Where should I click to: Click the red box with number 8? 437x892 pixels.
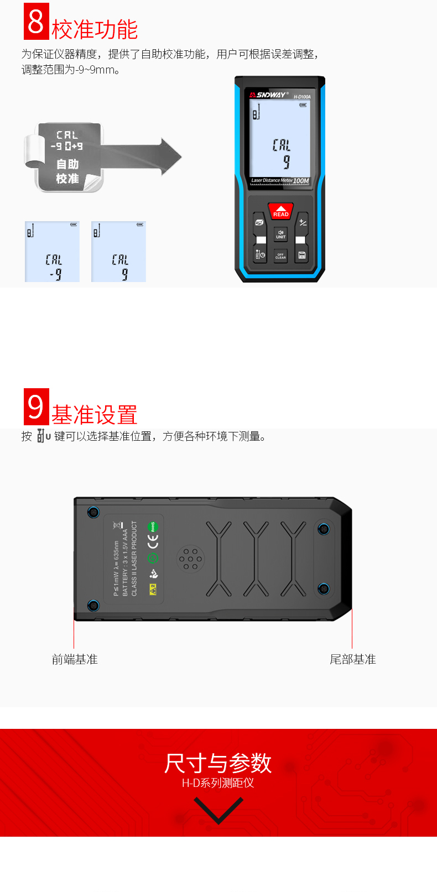pyautogui.click(x=37, y=22)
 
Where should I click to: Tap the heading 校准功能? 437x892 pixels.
pyautogui.click(x=95, y=30)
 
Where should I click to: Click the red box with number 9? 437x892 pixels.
pyautogui.click(x=37, y=407)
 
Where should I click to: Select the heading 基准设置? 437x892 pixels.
pyautogui.click(x=95, y=415)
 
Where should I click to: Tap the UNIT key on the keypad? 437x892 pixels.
pyautogui.click(x=280, y=234)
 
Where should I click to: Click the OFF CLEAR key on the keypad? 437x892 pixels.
pyautogui.click(x=280, y=255)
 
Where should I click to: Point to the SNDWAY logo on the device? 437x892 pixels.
pyautogui.click(x=269, y=95)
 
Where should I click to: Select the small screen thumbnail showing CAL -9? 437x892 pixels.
pyautogui.click(x=53, y=252)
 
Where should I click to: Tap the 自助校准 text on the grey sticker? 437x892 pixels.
pyautogui.click(x=67, y=171)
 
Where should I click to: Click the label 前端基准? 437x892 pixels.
pyautogui.click(x=75, y=659)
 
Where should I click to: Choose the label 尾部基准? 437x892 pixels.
pyautogui.click(x=353, y=659)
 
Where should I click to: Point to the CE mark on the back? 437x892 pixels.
pyautogui.click(x=153, y=541)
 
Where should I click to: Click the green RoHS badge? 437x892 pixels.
pyautogui.click(x=153, y=526)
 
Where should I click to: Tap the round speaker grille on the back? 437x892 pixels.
pyautogui.click(x=190, y=559)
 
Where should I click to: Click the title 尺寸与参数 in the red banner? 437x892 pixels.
pyautogui.click(x=218, y=763)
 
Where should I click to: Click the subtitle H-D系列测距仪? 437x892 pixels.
pyautogui.click(x=218, y=783)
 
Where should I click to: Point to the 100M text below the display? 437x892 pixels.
pyautogui.click(x=301, y=181)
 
